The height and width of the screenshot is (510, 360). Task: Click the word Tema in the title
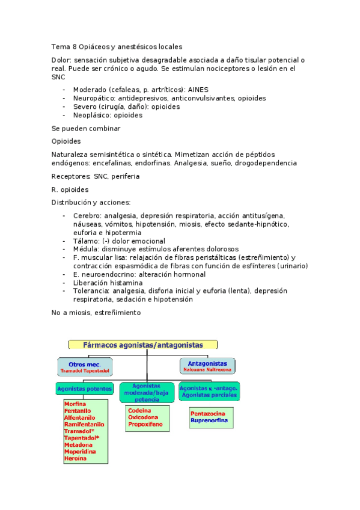61,46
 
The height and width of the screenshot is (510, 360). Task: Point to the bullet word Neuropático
94,97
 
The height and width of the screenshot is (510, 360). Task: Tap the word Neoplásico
93,115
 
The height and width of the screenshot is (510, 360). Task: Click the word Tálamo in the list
86,241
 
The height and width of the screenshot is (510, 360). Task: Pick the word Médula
86,249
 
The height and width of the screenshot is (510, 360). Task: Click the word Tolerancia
91,291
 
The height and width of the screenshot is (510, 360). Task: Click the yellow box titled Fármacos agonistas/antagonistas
142,345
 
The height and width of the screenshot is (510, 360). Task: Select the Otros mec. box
85,366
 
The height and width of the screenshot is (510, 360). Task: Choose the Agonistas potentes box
85,389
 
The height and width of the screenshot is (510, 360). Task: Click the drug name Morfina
75,404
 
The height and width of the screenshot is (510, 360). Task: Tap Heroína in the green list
75,458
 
